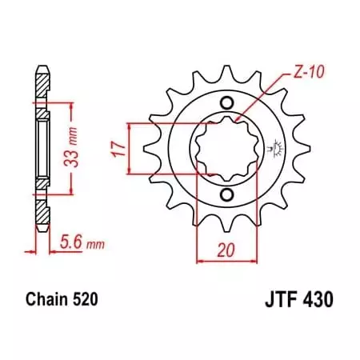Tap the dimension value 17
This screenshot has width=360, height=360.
(x=118, y=148)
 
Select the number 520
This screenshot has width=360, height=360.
(x=86, y=301)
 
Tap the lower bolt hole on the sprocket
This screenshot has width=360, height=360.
(x=226, y=196)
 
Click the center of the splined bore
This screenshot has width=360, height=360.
(x=226, y=150)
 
